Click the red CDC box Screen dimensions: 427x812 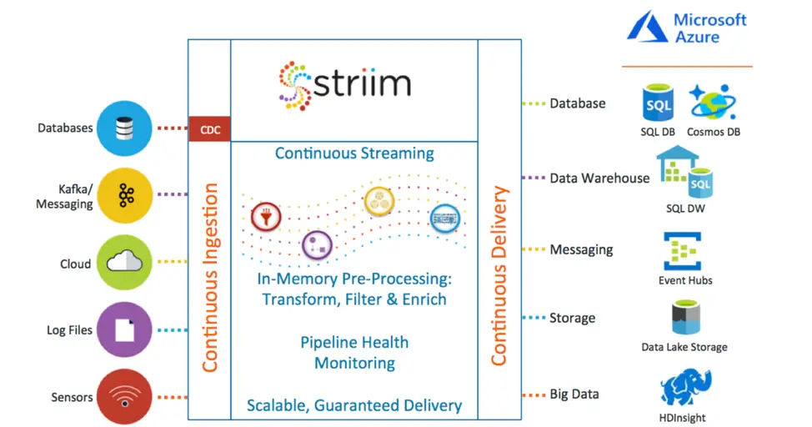[x=209, y=129]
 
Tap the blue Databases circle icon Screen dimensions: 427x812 [x=125, y=128]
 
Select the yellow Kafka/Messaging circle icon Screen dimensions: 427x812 [x=125, y=196]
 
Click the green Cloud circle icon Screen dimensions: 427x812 [x=125, y=264]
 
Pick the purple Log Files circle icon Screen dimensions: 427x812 [x=125, y=330]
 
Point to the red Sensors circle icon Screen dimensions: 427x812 [x=125, y=398]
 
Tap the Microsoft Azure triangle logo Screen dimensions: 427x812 [x=648, y=28]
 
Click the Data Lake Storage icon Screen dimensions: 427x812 [x=684, y=319]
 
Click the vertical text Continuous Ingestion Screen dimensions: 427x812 [x=209, y=277]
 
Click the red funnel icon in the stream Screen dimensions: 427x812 [x=265, y=215]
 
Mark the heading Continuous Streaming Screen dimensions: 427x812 [x=354, y=153]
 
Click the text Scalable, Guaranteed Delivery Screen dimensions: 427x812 [x=354, y=406]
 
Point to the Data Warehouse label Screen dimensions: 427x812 [x=599, y=178]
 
